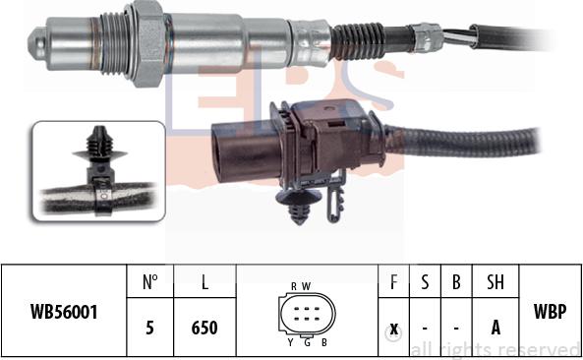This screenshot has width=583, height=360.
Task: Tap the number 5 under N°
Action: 150,329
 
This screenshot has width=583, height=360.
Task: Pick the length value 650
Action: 204,329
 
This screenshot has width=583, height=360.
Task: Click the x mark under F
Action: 394,329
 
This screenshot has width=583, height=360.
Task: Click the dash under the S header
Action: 426,329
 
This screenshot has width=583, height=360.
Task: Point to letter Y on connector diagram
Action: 290,341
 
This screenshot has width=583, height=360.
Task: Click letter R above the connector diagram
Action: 294,285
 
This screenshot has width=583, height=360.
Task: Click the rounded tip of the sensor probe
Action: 35,44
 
